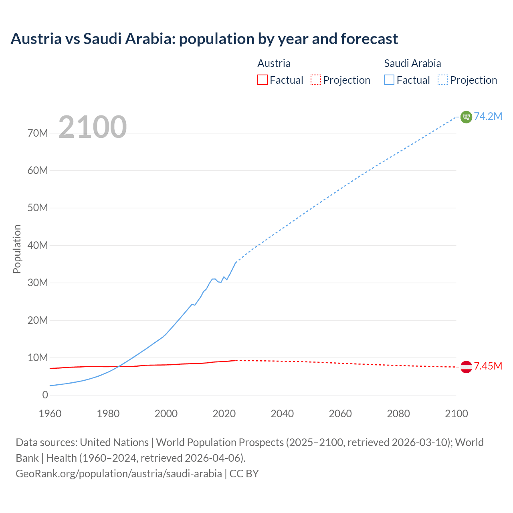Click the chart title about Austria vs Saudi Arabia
(204, 39)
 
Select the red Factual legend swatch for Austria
(262, 80)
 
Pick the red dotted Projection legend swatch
(315, 80)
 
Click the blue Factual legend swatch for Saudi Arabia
(389, 80)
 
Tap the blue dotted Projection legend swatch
(442, 80)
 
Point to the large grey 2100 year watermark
(93, 127)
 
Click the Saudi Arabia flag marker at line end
(466, 117)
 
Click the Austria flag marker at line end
(466, 367)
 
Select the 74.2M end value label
(488, 116)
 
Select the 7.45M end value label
(488, 366)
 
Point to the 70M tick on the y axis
(38, 133)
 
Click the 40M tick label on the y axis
(38, 245)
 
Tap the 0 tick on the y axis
(45, 395)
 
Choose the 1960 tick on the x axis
(50, 414)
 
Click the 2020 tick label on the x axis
(224, 414)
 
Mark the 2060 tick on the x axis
(340, 414)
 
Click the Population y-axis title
(17, 249)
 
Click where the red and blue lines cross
(119, 366)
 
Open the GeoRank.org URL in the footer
(119, 474)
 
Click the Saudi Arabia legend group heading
(412, 63)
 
